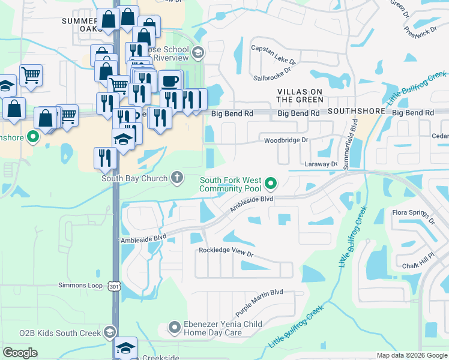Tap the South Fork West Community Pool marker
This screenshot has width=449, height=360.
click(x=271, y=183)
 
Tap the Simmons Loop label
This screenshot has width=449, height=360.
click(x=80, y=286)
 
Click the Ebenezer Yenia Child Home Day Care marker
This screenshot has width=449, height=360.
click(x=175, y=328)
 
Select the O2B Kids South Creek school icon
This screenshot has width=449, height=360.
click(x=110, y=332)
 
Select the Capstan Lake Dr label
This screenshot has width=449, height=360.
click(x=273, y=54)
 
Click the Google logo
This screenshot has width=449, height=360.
click(x=20, y=353)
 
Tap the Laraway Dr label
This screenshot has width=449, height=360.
click(x=320, y=163)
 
